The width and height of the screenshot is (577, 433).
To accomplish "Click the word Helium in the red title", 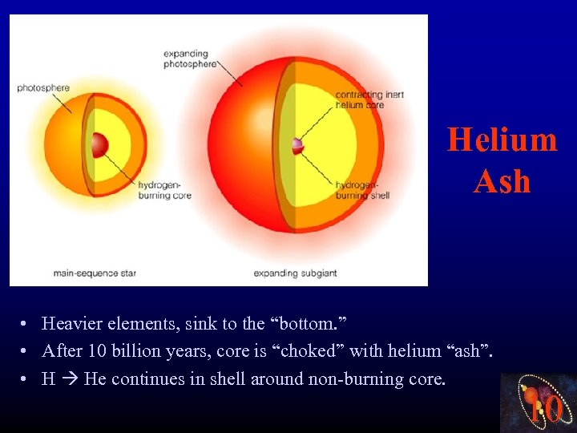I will pyautogui.click(x=502, y=140).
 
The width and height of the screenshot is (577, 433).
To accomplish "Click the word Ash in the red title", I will pyautogui.click(x=502, y=182).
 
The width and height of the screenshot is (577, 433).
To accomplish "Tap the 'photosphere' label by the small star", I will pyautogui.click(x=43, y=87).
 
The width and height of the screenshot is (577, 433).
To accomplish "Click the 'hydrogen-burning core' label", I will pyautogui.click(x=164, y=190).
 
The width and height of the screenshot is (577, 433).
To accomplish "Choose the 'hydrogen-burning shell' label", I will pyautogui.click(x=362, y=190).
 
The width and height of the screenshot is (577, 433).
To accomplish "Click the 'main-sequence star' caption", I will pyautogui.click(x=95, y=273).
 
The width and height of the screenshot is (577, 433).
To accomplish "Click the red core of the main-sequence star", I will pyautogui.click(x=99, y=144).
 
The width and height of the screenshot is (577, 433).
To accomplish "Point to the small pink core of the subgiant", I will pyautogui.click(x=298, y=145).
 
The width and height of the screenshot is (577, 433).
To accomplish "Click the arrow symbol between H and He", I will pyautogui.click(x=69, y=378).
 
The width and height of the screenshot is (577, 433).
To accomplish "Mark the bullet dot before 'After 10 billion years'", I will pyautogui.click(x=26, y=351).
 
